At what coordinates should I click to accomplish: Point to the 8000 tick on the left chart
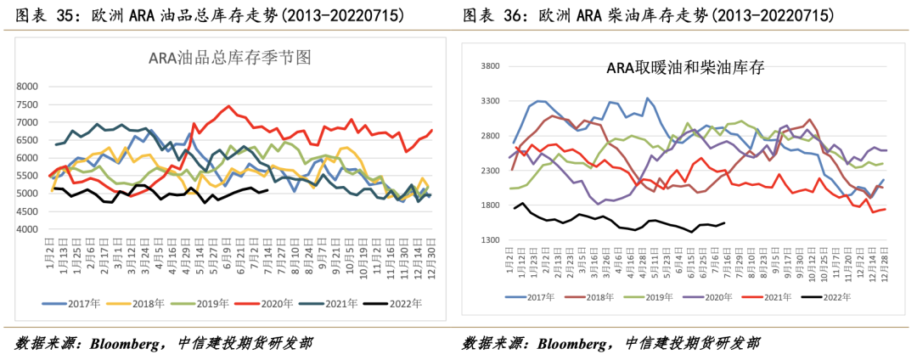pyautogui.click(x=26, y=86)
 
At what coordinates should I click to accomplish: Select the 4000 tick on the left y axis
pyautogui.click(x=26, y=229)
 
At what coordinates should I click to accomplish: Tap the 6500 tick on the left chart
pyautogui.click(x=26, y=140)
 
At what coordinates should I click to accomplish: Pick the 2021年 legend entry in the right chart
pyautogui.click(x=785, y=297)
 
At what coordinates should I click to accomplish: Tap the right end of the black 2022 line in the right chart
pyautogui.click(x=723, y=223)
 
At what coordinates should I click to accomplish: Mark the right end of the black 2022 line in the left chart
pyautogui.click(x=268, y=190)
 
